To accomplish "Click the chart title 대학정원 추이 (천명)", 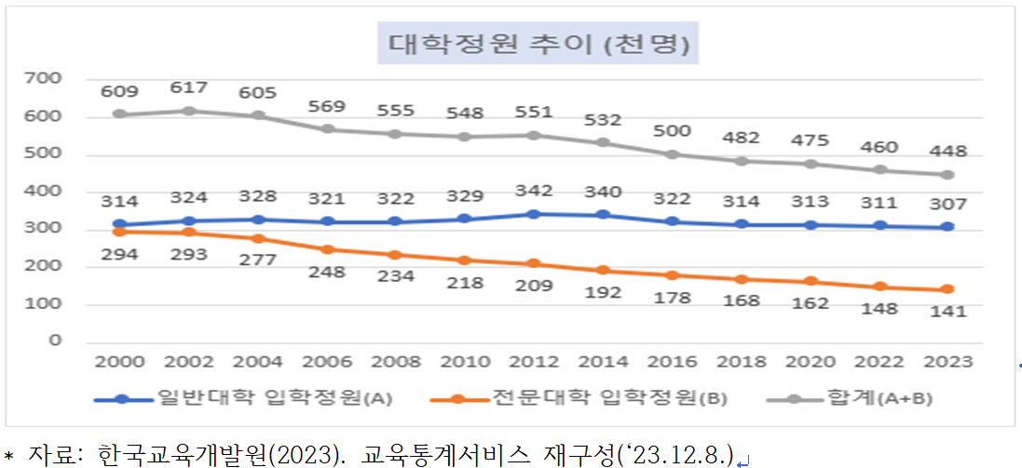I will tap(538, 44).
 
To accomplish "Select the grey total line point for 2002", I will tap(189, 111).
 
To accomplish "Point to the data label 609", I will tap(120, 91).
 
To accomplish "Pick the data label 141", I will tap(948, 312).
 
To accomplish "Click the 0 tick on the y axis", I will tap(55, 341).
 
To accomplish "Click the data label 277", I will tap(258, 260).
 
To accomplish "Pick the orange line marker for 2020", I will tap(810, 281).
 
